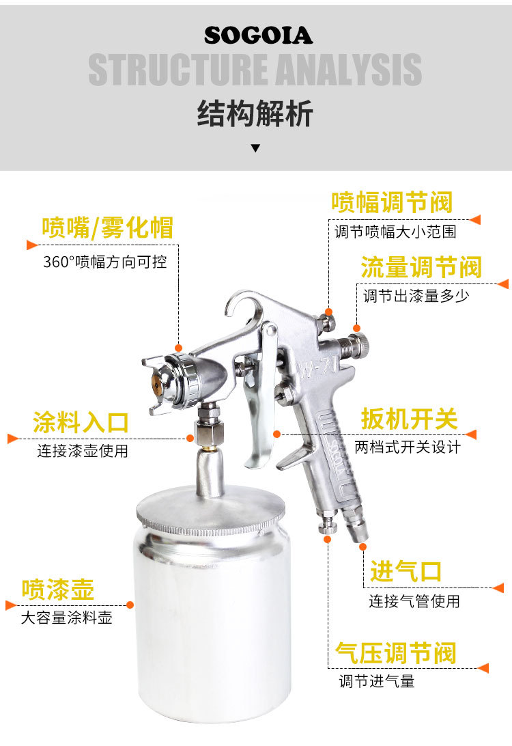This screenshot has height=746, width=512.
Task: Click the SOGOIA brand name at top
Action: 258,36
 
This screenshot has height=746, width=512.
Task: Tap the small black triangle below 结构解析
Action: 255,148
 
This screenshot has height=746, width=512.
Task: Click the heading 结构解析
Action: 255,113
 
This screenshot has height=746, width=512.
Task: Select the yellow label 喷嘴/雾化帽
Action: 107,227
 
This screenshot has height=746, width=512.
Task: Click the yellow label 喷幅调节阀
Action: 392,202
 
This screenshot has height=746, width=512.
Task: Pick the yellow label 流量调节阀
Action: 421,267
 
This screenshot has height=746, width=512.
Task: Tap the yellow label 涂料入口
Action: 81,422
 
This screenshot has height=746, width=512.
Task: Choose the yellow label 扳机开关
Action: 410,419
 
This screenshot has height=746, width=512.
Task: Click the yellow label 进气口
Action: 406,571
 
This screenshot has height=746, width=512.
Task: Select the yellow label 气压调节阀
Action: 395,653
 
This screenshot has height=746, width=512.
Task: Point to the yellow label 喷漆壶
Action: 58,590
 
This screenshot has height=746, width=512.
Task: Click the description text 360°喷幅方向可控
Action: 105,262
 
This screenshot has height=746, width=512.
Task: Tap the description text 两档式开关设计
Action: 408,447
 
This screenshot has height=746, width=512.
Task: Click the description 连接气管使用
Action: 414,601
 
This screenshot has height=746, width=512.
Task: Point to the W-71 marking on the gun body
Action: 318,368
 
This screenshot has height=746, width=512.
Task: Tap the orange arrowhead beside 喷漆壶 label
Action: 11,605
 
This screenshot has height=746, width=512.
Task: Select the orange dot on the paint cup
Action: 130,605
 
